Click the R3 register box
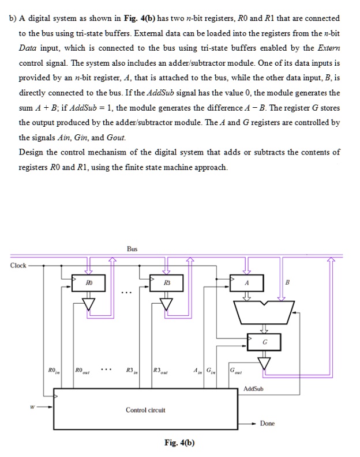[166, 284]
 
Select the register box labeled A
[246, 284]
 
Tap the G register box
[263, 341]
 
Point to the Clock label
[18, 266]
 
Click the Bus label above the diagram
[133, 249]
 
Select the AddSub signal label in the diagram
[253, 389]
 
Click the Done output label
[267, 424]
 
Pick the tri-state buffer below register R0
[89, 304]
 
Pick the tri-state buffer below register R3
[166, 304]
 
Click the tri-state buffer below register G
[263, 362]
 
